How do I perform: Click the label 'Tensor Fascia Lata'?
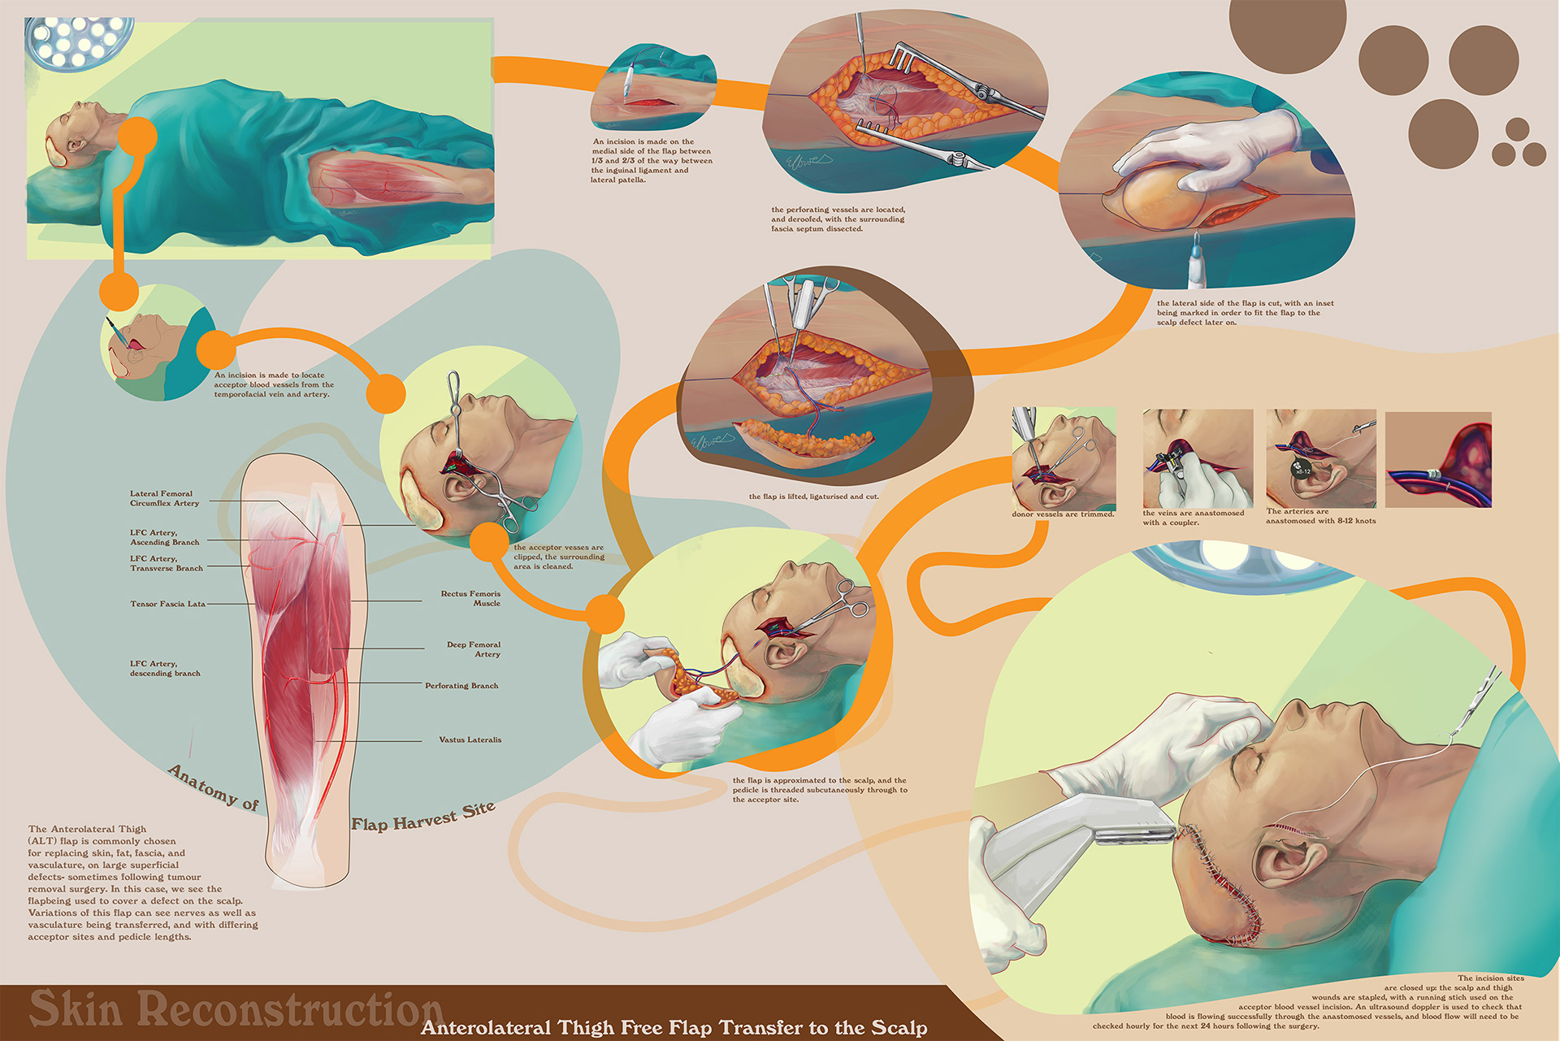(167, 604)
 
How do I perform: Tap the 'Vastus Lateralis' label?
(470, 740)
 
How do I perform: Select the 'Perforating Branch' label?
(461, 686)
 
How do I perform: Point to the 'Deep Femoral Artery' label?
(474, 649)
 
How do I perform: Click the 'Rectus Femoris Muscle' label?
(470, 599)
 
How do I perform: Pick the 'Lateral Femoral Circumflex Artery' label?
(164, 498)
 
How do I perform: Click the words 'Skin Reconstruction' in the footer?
(236, 1008)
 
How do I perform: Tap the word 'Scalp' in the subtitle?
(899, 1028)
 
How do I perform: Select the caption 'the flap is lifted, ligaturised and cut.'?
(813, 497)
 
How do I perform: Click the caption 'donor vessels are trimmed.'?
(1063, 514)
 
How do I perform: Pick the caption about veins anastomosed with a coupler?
(1193, 518)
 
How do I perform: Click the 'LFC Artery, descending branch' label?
(165, 668)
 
